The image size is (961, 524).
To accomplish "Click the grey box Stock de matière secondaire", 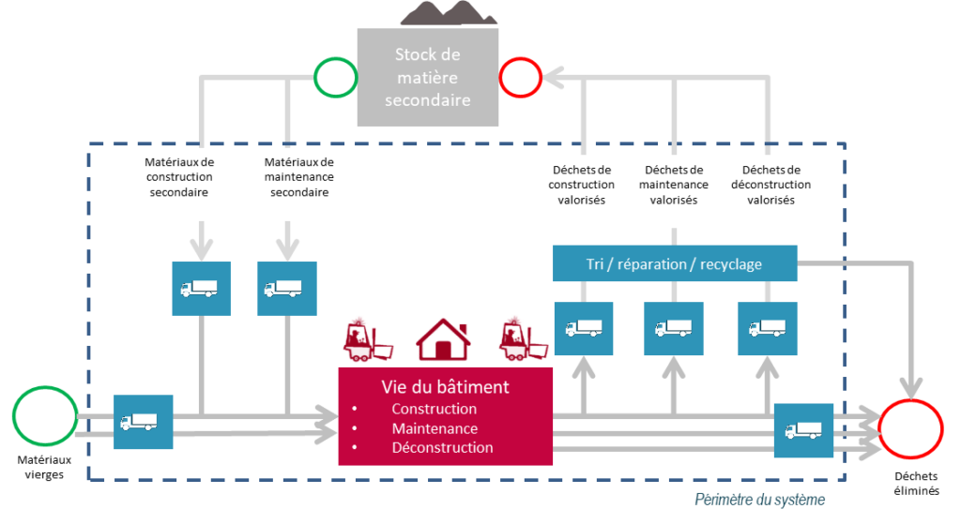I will (427, 77).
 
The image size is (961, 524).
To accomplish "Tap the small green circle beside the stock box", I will (335, 77).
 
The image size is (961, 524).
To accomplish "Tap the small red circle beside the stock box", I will (520, 77).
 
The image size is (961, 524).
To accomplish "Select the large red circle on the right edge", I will (910, 427).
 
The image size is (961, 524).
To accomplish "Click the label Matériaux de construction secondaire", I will (179, 177).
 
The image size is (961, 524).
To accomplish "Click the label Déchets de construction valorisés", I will (582, 185).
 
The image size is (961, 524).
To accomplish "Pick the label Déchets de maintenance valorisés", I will (674, 185).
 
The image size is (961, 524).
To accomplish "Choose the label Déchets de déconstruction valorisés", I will (770, 185).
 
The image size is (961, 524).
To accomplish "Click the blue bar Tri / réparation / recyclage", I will (674, 264).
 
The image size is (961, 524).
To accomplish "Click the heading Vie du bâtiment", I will (445, 386).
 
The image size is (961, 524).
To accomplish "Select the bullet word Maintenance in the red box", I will (435, 428).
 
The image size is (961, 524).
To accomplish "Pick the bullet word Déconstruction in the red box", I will (442, 447).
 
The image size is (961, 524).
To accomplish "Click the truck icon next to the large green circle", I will (144, 423).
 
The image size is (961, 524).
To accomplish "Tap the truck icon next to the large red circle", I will (803, 430).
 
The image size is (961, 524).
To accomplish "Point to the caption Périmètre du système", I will (760, 500).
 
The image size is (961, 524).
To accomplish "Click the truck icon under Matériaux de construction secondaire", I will (199, 288).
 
